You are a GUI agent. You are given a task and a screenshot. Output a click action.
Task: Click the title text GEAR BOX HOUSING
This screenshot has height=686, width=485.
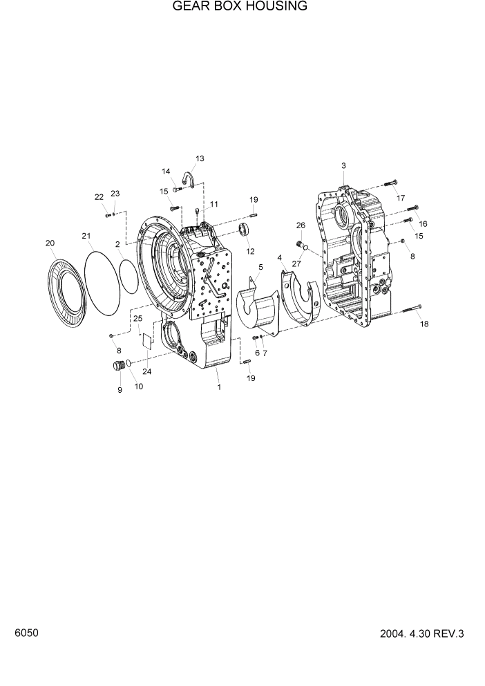pyautogui.click(x=240, y=7)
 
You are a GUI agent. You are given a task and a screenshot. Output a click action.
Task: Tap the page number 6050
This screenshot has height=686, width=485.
pyautogui.click(x=26, y=633)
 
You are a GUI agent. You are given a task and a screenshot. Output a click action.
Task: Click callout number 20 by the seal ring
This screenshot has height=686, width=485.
pyautogui.click(x=50, y=243)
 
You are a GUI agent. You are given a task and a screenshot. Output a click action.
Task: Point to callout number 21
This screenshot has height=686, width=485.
pyautogui.click(x=86, y=237)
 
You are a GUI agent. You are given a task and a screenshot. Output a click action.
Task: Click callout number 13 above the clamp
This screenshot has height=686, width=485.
pyautogui.click(x=200, y=159)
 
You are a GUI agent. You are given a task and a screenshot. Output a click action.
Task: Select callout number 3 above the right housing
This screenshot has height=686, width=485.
pyautogui.click(x=343, y=165)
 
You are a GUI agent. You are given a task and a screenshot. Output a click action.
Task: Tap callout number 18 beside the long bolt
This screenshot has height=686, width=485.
pyautogui.click(x=424, y=324)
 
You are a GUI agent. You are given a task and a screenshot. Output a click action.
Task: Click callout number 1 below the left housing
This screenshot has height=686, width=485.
pyautogui.click(x=219, y=387)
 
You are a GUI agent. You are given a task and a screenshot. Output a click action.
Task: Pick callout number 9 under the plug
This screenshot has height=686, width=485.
pyautogui.click(x=120, y=390)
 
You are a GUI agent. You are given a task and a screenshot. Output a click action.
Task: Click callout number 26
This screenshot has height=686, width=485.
pyautogui.click(x=301, y=225)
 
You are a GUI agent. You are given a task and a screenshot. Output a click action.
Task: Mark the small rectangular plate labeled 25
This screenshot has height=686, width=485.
pyautogui.click(x=145, y=339)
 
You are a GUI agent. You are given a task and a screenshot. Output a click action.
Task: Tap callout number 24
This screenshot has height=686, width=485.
pyautogui.click(x=146, y=371)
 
